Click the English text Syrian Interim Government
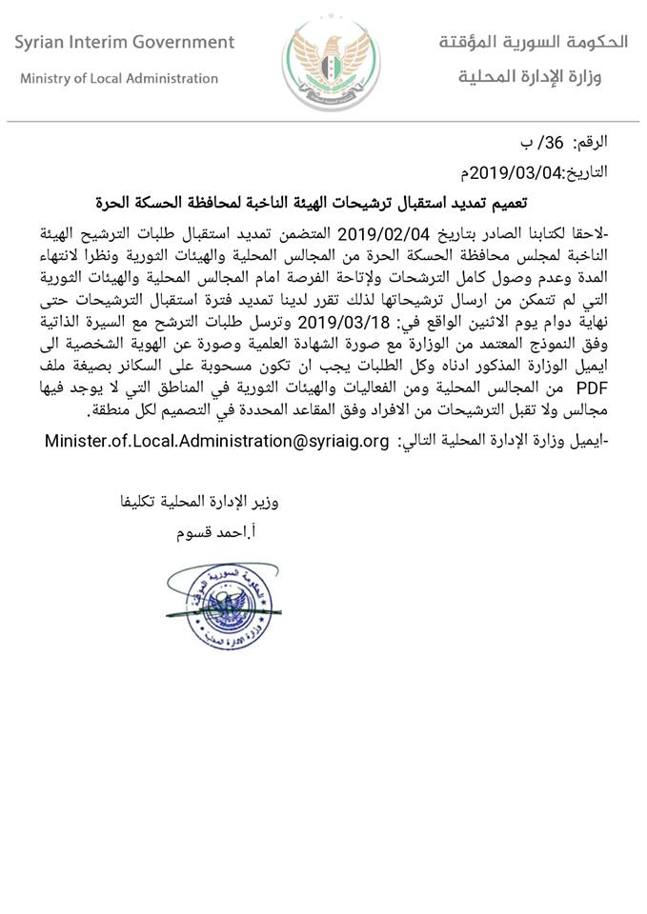(125, 43)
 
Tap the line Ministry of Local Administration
(119, 79)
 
